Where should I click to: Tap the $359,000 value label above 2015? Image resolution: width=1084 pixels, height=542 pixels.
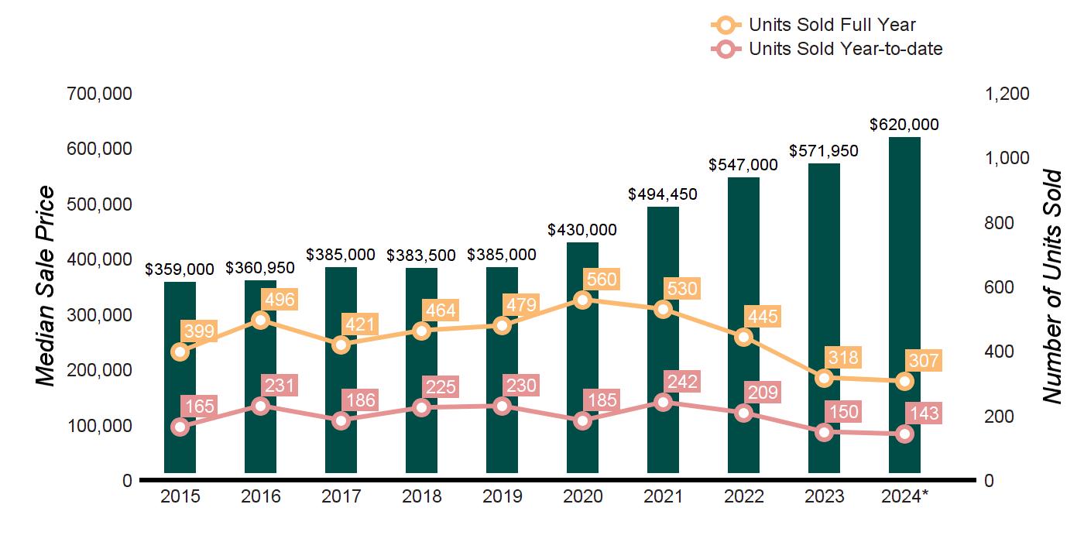[180, 269]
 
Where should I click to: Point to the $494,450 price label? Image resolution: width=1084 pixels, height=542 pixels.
[663, 194]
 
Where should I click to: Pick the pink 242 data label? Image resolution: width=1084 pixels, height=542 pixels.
[682, 381]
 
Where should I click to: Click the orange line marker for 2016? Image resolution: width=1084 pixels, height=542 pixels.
[261, 320]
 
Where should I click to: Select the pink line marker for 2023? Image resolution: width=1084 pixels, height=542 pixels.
[824, 432]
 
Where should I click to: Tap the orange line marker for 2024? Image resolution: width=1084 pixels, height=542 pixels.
[904, 381]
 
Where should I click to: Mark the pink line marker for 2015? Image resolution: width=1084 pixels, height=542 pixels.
[180, 427]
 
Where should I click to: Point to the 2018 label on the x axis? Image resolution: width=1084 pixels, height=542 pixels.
[421, 496]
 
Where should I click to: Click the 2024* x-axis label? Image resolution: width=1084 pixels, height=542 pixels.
[906, 496]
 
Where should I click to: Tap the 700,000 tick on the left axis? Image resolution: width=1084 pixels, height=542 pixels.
[101, 94]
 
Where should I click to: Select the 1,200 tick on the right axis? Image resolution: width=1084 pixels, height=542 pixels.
[1007, 94]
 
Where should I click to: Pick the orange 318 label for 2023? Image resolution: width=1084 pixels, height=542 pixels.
[842, 358]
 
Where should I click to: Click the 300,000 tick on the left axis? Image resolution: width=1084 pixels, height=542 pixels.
[101, 315]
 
